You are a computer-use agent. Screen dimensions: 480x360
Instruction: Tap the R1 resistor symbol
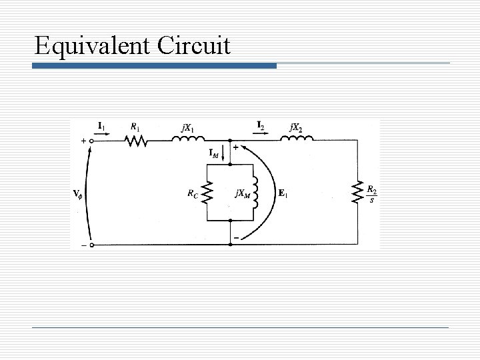click(135, 141)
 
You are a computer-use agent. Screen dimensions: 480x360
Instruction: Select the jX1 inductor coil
click(189, 139)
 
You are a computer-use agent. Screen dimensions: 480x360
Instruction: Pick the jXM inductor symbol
click(255, 193)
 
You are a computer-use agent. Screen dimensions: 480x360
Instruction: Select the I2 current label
click(261, 125)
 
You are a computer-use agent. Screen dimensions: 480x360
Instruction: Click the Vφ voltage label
click(79, 195)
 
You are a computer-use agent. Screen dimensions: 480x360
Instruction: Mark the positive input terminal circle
click(92, 141)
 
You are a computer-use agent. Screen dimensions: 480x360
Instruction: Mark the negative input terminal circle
click(92, 245)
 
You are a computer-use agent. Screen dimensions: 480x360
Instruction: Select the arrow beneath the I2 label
click(261, 132)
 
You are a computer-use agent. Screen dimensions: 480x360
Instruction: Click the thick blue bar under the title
click(155, 66)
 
